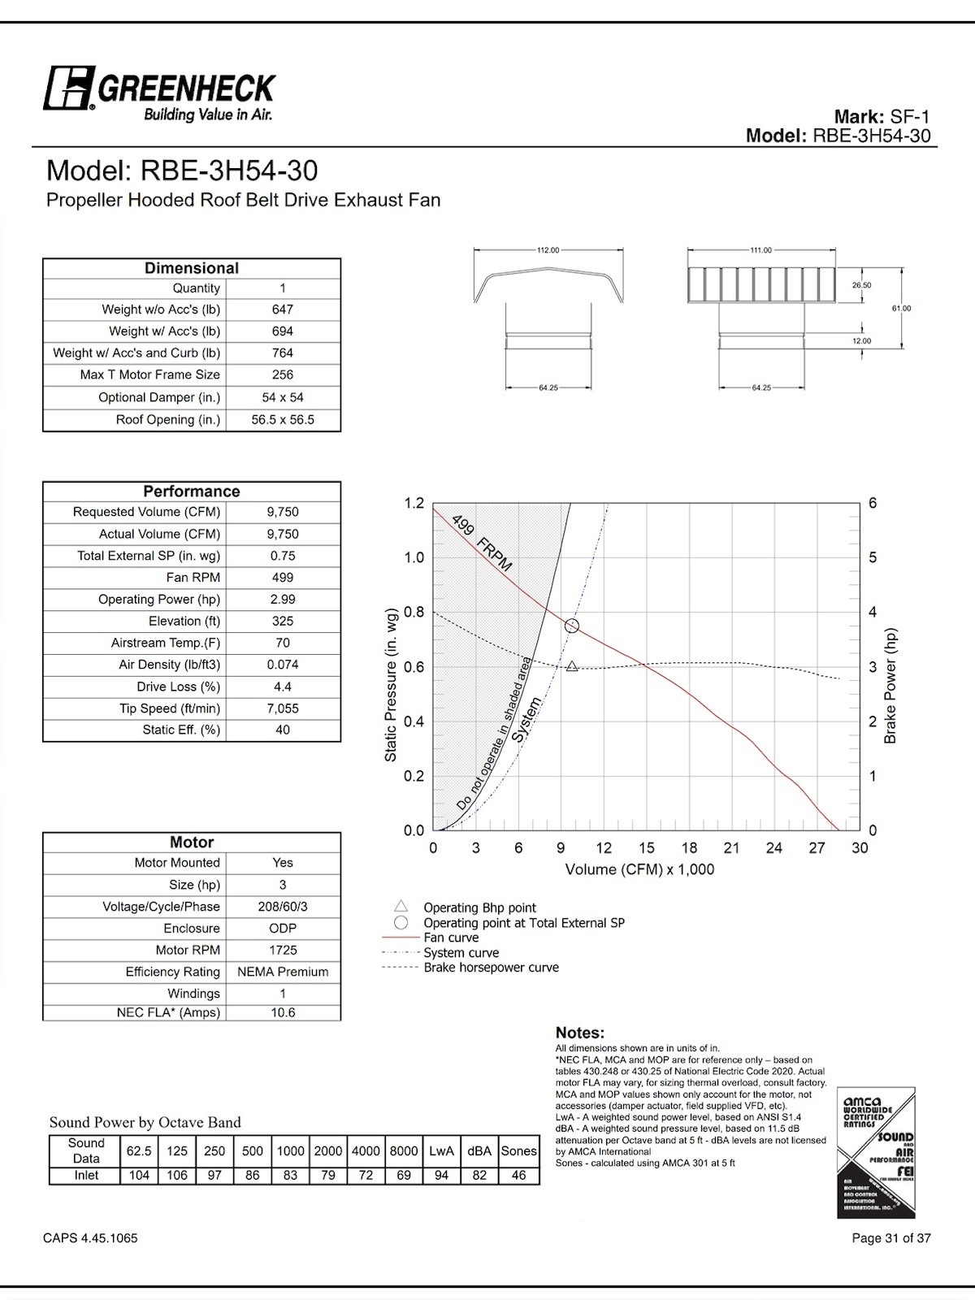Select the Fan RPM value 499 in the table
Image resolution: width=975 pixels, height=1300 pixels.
(x=282, y=578)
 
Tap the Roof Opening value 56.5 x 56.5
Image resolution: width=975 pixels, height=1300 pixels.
(x=282, y=420)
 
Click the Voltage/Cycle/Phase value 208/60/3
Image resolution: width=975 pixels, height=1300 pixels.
(x=282, y=907)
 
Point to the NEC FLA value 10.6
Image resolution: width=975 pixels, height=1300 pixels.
(x=282, y=1013)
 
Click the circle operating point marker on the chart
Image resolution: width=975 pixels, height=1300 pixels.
(x=572, y=626)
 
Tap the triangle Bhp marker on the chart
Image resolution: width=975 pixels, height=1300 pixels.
(x=572, y=666)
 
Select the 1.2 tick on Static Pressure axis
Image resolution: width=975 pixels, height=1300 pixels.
(x=414, y=504)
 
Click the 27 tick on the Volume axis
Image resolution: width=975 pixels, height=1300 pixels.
(x=817, y=848)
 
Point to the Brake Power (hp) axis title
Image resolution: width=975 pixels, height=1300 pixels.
(x=890, y=687)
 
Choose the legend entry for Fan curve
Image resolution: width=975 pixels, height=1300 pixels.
(x=451, y=938)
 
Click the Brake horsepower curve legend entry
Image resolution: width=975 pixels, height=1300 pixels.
(x=491, y=968)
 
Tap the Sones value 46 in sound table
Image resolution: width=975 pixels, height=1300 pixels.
(x=518, y=1176)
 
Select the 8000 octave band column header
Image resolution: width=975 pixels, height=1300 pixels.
(x=404, y=1151)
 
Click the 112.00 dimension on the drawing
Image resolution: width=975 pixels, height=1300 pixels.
(x=548, y=250)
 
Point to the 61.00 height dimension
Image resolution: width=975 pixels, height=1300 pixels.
(x=901, y=309)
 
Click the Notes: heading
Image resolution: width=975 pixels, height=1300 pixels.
(x=579, y=1033)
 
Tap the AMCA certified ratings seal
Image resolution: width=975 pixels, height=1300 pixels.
(x=876, y=1153)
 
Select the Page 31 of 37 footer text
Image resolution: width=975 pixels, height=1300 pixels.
(x=890, y=1238)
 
